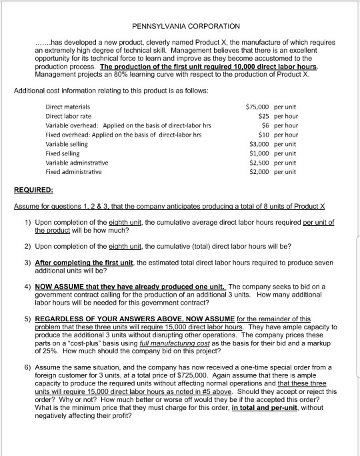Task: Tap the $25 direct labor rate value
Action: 263,116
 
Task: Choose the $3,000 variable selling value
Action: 259,143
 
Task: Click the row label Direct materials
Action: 67,107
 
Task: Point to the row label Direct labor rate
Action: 69,116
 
